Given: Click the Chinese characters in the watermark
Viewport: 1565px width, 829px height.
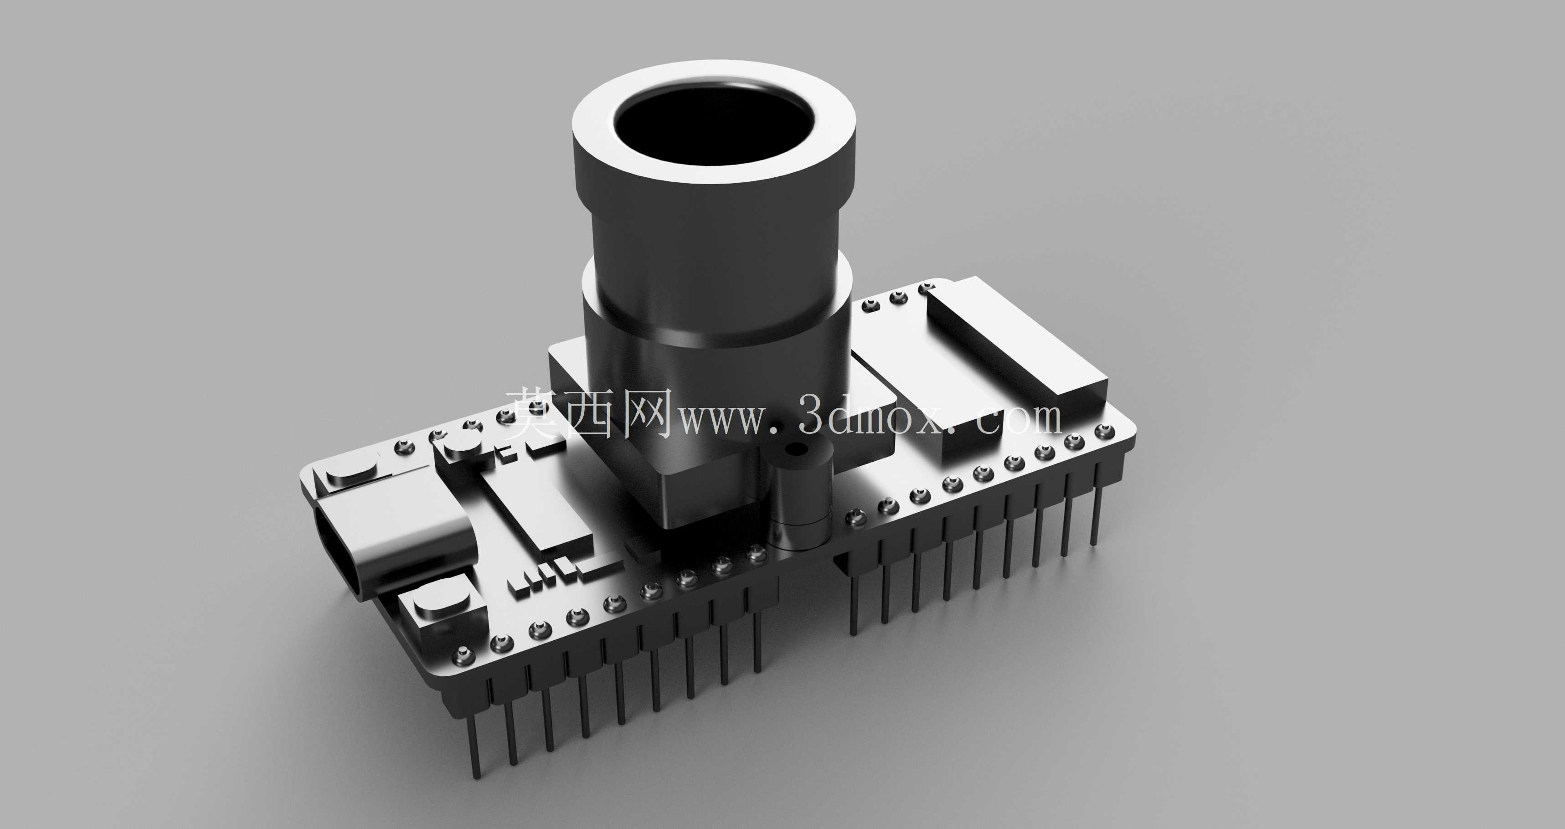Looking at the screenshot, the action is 589,415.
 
